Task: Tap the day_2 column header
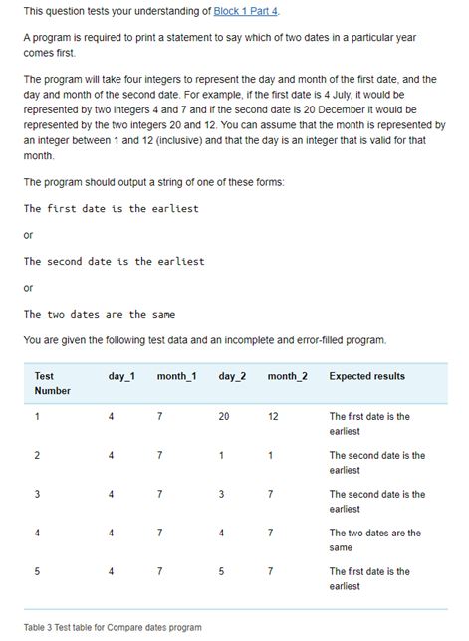[231, 377]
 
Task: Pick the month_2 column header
[287, 377]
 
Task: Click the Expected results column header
[366, 377]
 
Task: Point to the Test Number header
[52, 384]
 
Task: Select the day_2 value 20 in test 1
[225, 417]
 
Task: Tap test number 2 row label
[37, 456]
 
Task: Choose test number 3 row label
[37, 495]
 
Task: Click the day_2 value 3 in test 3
[222, 495]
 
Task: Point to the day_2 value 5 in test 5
[222, 572]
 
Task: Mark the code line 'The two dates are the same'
[99, 315]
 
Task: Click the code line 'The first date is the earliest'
[111, 209]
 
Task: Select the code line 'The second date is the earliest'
[114, 262]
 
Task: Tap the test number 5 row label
[37, 572]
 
